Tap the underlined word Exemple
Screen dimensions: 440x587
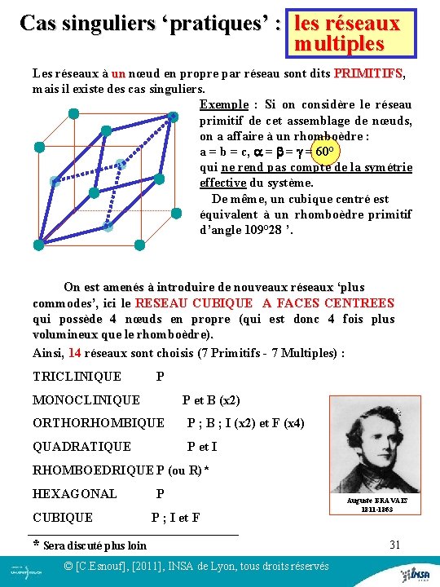[223, 104]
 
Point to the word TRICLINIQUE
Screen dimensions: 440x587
[77, 376]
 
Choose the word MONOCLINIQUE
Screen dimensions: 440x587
[86, 399]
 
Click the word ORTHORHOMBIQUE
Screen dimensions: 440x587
[98, 423]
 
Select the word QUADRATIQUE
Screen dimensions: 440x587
[81, 446]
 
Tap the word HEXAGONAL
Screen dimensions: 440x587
[74, 493]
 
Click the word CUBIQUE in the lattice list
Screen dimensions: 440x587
[63, 517]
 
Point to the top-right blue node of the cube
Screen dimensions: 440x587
[173, 117]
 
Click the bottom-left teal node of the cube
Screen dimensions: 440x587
[38, 244]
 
